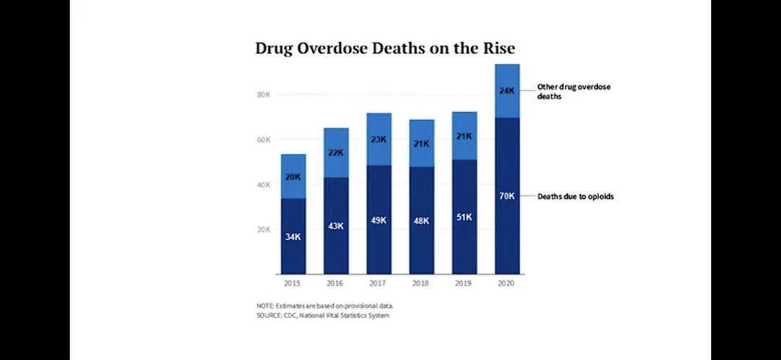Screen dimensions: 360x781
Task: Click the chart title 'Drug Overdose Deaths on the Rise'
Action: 385,48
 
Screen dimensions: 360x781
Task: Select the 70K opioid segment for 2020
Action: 507,196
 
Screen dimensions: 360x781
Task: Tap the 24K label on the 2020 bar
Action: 507,91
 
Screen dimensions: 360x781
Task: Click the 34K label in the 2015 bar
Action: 294,237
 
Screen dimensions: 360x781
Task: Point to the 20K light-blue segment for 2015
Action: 294,176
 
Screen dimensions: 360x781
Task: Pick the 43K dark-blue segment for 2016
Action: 336,226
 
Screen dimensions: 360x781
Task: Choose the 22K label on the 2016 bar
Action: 336,153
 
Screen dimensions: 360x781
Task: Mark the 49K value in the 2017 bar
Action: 379,220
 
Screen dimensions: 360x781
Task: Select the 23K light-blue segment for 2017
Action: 379,139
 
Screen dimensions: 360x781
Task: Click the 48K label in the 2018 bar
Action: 422,221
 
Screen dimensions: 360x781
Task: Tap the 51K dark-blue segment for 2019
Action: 464,217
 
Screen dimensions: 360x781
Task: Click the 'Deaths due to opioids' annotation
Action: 575,196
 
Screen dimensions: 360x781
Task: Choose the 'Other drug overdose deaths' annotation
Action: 573,91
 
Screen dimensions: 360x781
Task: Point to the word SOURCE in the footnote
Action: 269,316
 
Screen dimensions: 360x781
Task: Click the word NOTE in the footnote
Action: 265,307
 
